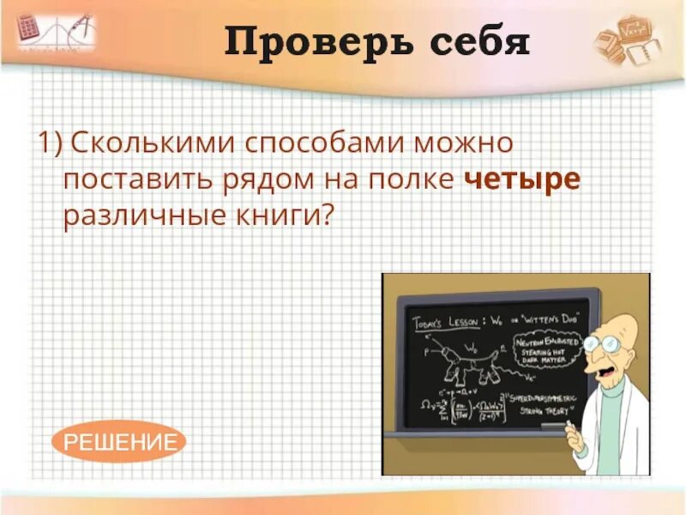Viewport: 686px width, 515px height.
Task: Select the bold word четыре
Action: click(522, 179)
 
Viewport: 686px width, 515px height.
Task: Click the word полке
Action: click(412, 179)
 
